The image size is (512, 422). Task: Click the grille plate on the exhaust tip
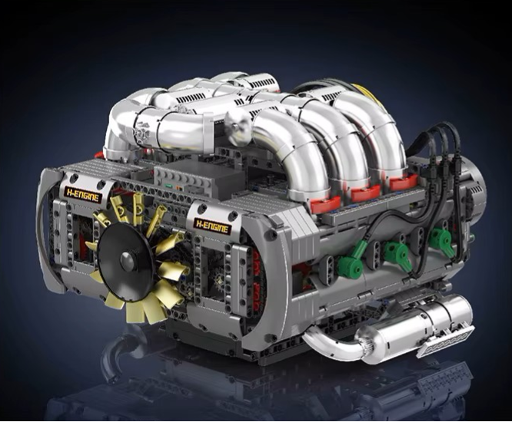tap(445, 341)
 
